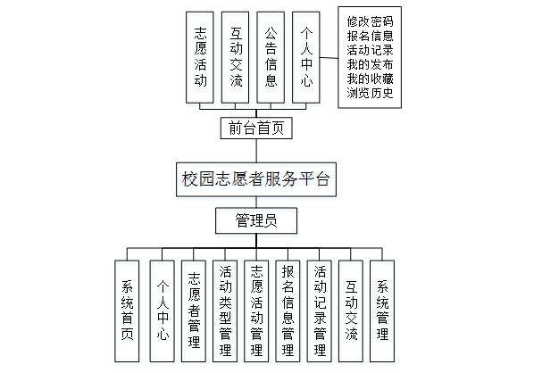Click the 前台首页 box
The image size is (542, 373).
[x=256, y=128]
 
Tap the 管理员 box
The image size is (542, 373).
[x=256, y=220]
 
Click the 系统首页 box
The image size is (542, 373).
[x=129, y=311]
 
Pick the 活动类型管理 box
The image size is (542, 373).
[x=226, y=311]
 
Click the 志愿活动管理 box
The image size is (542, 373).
[x=257, y=311]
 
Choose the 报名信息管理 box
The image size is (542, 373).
[x=288, y=311]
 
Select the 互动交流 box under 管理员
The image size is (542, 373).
[x=352, y=311]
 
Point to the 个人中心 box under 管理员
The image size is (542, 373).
[x=162, y=311]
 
